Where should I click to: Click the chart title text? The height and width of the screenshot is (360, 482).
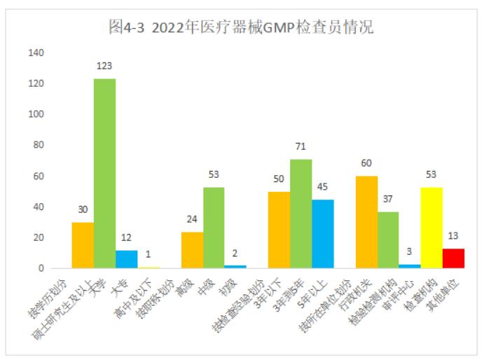241,27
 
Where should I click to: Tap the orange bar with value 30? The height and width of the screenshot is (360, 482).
83,245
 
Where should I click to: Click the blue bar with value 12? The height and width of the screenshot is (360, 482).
127,259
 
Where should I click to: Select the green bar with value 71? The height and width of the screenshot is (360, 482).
301,214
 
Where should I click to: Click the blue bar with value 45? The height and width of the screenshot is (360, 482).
323,234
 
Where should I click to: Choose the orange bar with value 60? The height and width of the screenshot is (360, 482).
366,222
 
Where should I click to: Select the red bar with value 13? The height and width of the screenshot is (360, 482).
453,258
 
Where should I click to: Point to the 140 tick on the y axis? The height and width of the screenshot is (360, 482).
36,53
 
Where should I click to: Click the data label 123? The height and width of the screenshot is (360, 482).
105,67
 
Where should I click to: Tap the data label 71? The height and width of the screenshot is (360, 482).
301,147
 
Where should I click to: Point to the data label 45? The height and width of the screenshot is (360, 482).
323,187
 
